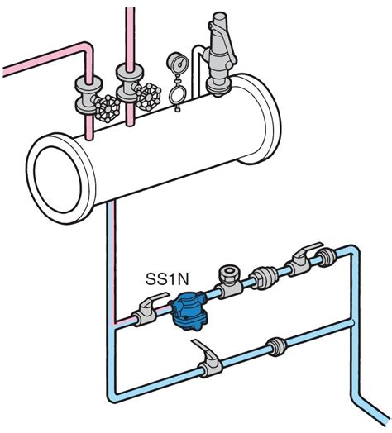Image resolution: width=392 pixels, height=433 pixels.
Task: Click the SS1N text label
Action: [167, 278]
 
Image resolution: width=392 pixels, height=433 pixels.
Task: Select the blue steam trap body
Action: [189, 312]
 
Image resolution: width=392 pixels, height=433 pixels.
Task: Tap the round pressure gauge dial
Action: [177, 64]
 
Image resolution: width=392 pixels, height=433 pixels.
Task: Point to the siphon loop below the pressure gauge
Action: [177, 93]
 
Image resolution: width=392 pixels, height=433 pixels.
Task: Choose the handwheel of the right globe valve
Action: [149, 97]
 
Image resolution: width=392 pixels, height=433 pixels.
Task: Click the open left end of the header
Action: [59, 179]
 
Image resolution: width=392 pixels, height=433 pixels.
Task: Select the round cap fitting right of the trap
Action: [229, 274]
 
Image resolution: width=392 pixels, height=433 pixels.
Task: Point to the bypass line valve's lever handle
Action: [207, 351]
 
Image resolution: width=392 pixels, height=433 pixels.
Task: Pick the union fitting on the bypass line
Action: [275, 346]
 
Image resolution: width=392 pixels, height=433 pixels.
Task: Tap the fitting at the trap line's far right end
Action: [326, 257]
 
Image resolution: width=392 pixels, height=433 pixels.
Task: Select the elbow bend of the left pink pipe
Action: [88, 48]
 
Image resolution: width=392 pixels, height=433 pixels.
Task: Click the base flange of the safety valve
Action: [218, 86]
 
